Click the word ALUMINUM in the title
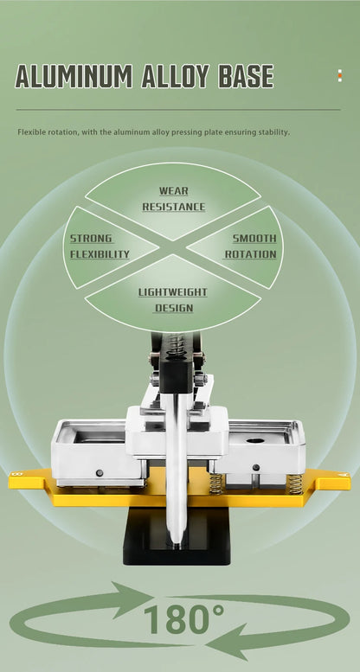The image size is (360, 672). tap(74, 76)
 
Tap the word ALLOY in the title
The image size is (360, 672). tap(175, 76)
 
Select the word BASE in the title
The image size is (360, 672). tap(246, 76)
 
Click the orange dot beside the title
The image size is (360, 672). tap(340, 76)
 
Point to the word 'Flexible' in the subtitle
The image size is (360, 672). tap(30, 132)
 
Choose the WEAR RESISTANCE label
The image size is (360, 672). tap(174, 199)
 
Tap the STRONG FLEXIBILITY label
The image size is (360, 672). tap(100, 246)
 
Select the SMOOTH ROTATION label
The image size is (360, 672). tap(251, 246)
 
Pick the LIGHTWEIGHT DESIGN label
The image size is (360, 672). tap(173, 300)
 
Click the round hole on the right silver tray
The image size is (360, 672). tap(256, 440)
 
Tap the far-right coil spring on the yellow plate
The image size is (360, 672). tap(295, 483)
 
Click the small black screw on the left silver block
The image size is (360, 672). tap(100, 473)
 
